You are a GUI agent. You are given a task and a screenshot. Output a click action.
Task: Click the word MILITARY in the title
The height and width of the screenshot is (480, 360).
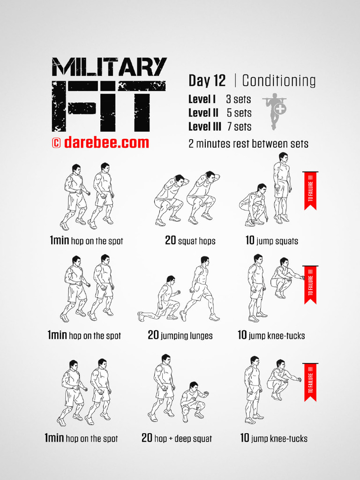click(x=109, y=67)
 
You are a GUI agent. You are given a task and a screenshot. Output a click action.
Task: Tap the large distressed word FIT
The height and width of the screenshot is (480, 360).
click(x=109, y=106)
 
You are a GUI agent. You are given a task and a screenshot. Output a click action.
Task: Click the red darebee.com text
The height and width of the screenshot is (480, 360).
click(x=106, y=142)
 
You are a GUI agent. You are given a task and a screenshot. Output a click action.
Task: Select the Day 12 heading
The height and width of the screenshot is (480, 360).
click(x=207, y=81)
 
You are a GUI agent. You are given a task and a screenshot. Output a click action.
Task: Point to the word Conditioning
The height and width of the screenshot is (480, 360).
click(x=278, y=81)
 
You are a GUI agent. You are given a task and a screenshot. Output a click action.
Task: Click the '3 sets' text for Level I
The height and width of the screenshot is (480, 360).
click(x=238, y=99)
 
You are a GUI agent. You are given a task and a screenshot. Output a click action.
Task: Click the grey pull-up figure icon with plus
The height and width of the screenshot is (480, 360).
click(x=276, y=111)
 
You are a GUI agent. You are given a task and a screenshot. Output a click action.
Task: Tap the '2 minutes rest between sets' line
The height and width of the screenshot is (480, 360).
click(x=248, y=144)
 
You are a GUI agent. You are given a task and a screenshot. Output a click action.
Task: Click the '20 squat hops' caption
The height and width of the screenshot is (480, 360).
click(x=190, y=241)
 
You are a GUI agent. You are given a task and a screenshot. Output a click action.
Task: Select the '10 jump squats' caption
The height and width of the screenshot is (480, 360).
click(x=271, y=241)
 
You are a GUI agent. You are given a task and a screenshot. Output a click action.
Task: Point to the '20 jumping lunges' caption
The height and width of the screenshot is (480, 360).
click(x=180, y=336)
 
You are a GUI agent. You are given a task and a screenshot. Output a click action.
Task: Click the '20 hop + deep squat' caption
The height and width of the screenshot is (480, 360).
click(x=177, y=438)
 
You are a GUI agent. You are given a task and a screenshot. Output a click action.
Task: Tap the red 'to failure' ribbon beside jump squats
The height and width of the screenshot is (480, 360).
click(x=310, y=190)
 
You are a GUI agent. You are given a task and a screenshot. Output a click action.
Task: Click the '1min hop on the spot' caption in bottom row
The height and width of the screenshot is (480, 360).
click(x=81, y=439)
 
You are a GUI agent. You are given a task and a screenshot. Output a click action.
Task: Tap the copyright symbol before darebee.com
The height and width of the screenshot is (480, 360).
click(x=56, y=143)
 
